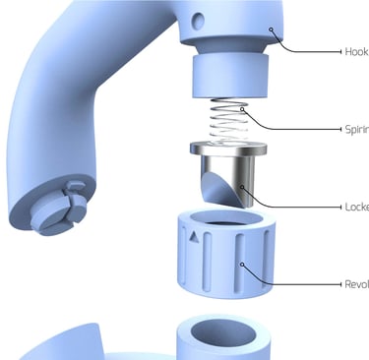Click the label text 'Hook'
[357, 51]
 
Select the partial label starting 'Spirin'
[357, 129]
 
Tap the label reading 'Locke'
[357, 208]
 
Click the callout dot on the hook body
[272, 30]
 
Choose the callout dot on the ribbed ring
[242, 266]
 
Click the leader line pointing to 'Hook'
[315, 51]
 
